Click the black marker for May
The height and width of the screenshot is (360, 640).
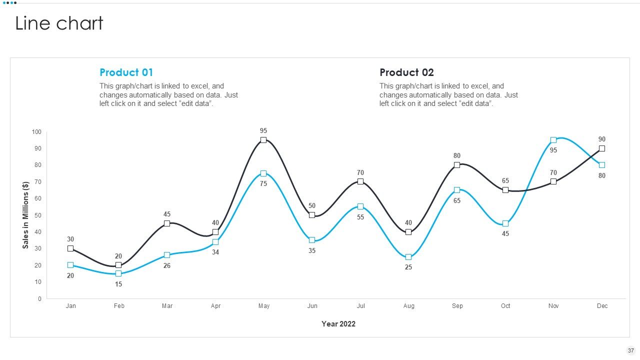tap(263, 140)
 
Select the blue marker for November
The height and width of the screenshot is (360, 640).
tap(553, 140)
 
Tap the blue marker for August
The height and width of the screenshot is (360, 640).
tap(408, 257)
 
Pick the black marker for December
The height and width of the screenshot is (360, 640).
tap(601, 148)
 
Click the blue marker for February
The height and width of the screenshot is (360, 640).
tap(118, 273)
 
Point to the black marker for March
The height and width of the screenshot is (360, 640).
tap(167, 223)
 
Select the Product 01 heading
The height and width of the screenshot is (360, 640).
tap(126, 72)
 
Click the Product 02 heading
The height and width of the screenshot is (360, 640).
tap(406, 72)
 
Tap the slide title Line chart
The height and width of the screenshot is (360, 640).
tap(59, 23)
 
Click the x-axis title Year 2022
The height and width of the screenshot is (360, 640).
tap(338, 323)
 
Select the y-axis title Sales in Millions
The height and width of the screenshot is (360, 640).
tap(25, 215)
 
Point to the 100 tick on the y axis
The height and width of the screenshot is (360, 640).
tap(36, 131)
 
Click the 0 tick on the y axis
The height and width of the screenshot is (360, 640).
tap(39, 298)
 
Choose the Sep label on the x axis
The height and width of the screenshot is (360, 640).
tap(457, 305)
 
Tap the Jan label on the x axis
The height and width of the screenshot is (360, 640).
tap(71, 305)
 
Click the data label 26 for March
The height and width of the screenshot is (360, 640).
tap(167, 265)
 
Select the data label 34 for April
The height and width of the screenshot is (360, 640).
tap(215, 252)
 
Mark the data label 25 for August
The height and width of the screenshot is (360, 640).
tap(408, 267)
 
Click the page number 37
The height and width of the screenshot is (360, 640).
tap(631, 350)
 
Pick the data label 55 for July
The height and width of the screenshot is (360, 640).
tap(360, 217)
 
